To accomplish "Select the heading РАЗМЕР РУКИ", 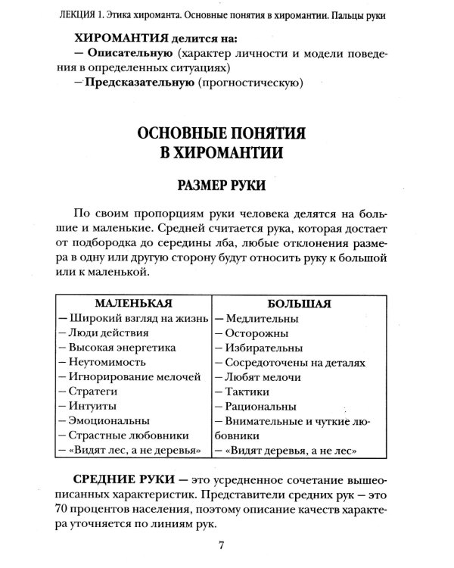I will pos(220,183).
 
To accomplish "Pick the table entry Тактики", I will pos(244,392).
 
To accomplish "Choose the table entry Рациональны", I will pos(257,406).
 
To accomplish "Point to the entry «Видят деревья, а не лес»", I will pos(285,451).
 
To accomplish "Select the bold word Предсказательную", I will pos(136,83).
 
